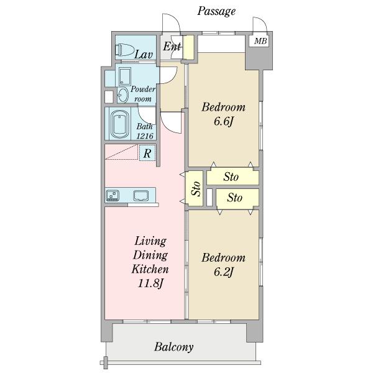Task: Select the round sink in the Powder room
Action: point(123,95)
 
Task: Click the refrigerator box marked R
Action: point(147,153)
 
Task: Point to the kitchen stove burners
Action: point(113,195)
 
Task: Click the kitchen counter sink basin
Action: point(141,196)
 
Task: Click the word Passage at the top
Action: point(216,11)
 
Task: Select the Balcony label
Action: point(173,347)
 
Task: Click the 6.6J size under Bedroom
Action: point(223,122)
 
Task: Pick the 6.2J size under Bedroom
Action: point(223,272)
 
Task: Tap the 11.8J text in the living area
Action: point(150,283)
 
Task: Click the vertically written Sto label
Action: point(196,188)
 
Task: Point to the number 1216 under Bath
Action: point(145,136)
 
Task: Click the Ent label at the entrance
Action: point(172,46)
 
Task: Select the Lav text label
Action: point(144,55)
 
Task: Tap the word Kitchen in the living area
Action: point(150,269)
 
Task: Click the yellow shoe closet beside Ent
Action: point(189,47)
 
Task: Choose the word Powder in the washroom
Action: point(143,89)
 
